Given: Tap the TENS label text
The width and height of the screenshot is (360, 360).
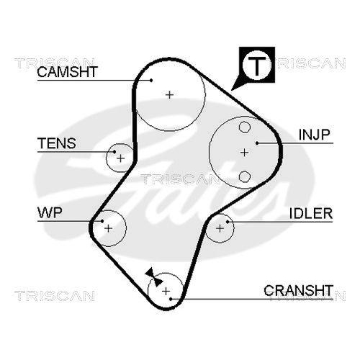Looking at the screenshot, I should [56, 143].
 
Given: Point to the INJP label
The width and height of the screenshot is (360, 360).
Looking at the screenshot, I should [314, 134].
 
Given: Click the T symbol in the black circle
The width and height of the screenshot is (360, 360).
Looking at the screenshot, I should [256, 66].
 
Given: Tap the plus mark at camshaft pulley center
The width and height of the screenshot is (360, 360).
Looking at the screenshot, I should [170, 94].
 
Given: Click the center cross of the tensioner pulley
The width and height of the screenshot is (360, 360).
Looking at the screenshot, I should [121, 157].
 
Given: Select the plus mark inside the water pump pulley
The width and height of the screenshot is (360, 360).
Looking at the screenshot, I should [109, 228].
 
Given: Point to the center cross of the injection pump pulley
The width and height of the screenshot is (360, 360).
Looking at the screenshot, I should [244, 152].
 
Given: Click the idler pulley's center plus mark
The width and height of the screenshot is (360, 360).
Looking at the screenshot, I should [220, 228].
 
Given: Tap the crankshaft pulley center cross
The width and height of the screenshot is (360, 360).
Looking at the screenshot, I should [166, 290].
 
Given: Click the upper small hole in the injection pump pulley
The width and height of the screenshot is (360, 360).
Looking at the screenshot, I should [244, 127].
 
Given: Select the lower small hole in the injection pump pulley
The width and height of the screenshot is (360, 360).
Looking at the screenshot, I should [244, 176].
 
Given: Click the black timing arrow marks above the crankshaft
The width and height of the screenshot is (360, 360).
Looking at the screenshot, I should [151, 274].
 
